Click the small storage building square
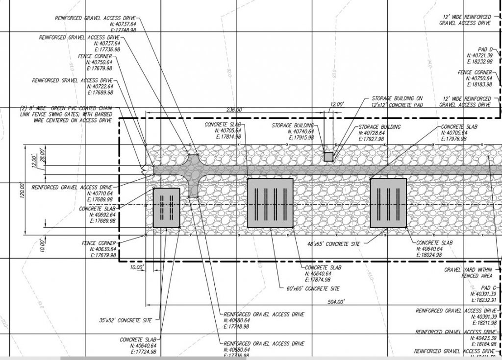click(328, 157)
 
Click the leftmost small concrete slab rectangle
click(167, 208)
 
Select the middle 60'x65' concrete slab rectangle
click(270, 203)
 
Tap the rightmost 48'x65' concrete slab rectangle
click(388, 203)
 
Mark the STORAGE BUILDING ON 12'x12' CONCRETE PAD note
click(397, 101)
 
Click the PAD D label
click(485, 49)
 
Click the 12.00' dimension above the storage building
click(337, 104)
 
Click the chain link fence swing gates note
click(66, 114)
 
